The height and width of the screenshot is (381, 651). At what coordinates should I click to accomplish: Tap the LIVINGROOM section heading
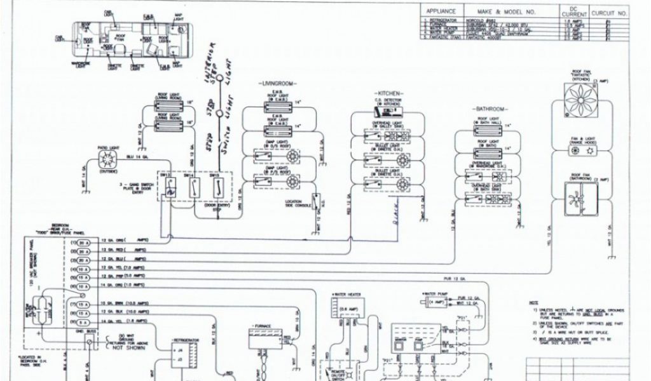276,84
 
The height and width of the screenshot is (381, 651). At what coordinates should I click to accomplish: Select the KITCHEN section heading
388,93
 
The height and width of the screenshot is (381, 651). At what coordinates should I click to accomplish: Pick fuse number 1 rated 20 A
82,243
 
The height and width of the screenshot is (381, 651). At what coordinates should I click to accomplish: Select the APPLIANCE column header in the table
441,12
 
